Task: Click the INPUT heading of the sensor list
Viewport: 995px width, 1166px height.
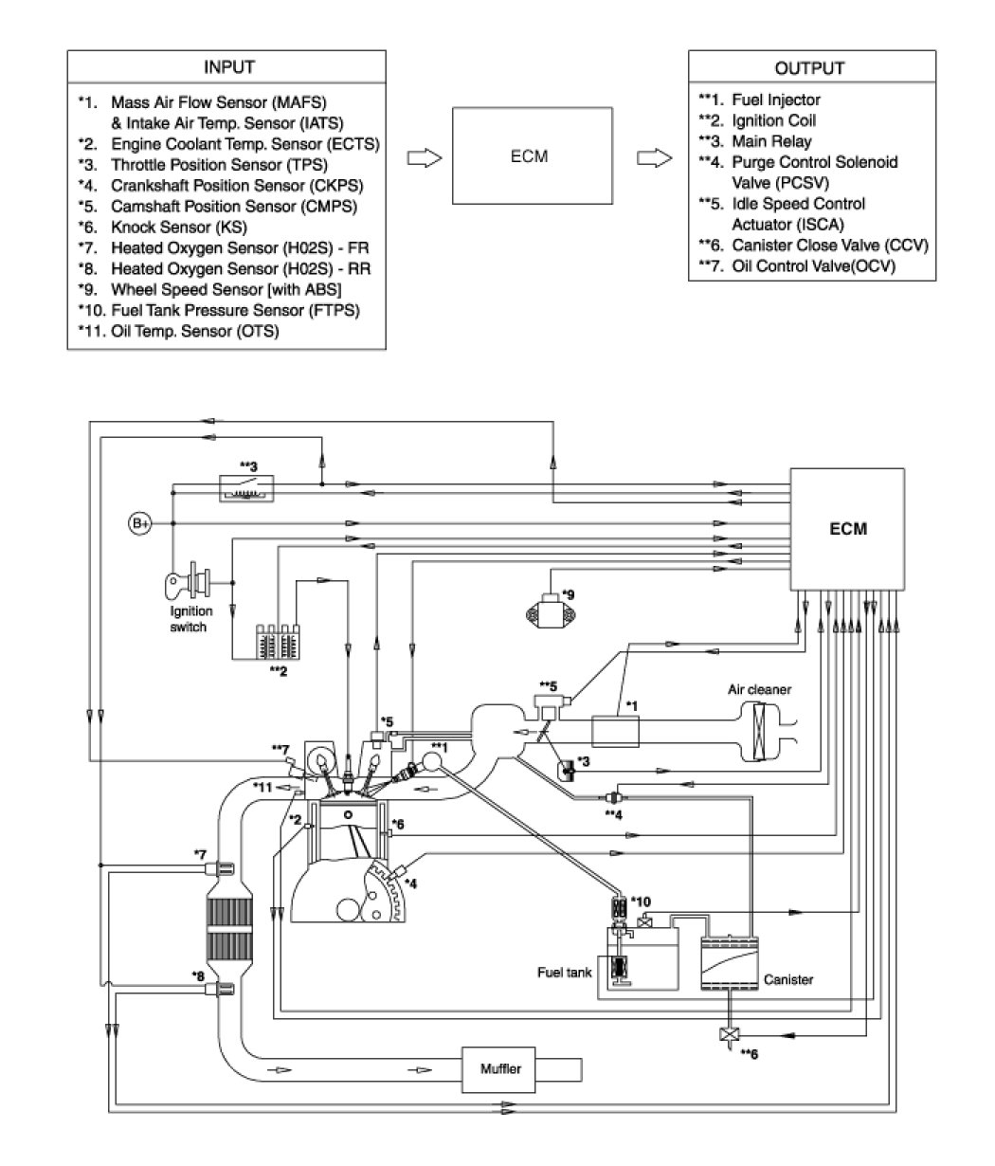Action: (229, 67)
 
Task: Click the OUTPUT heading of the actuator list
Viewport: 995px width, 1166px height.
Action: (809, 68)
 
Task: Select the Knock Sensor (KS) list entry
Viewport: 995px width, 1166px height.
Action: (163, 227)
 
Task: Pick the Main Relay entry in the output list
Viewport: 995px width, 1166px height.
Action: (755, 141)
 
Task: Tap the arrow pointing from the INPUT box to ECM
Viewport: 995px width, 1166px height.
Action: (425, 158)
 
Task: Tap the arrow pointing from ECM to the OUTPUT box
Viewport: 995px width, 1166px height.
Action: (654, 158)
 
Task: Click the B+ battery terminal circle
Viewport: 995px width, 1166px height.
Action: (140, 523)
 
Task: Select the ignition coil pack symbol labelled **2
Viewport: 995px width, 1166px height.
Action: (278, 642)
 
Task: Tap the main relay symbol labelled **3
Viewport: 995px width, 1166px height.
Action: (246, 488)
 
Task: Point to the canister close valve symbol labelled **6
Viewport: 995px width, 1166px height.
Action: (730, 1035)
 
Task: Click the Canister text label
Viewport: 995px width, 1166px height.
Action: (788, 980)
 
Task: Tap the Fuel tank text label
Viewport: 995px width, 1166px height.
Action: (564, 973)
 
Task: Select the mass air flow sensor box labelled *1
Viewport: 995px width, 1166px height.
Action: (615, 731)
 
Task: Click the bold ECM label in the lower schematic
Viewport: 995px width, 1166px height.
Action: (848, 529)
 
